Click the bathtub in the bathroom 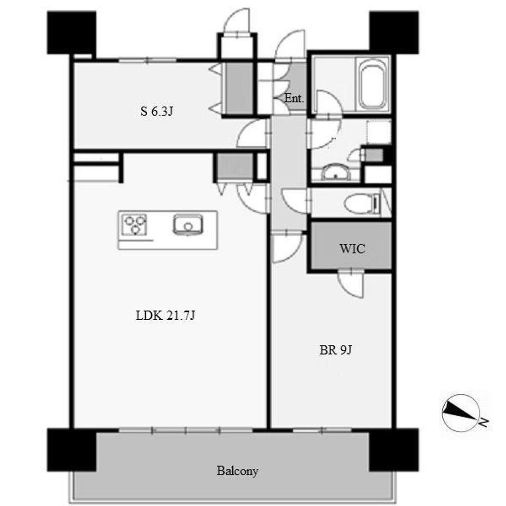click(x=373, y=84)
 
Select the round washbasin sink click(x=336, y=172)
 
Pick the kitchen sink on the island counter click(x=188, y=224)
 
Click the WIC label click(x=352, y=249)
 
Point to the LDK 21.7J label click(x=166, y=315)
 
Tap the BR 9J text click(x=336, y=350)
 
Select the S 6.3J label click(x=157, y=112)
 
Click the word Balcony click(x=238, y=471)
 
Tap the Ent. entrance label click(x=294, y=98)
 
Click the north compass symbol click(x=461, y=413)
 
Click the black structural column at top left click(x=72, y=33)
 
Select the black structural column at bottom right click(x=394, y=450)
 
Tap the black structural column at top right click(x=394, y=33)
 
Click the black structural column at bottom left click(x=72, y=450)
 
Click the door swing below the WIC click(x=351, y=284)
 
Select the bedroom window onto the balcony click(x=322, y=430)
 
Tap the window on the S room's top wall click(x=147, y=60)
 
